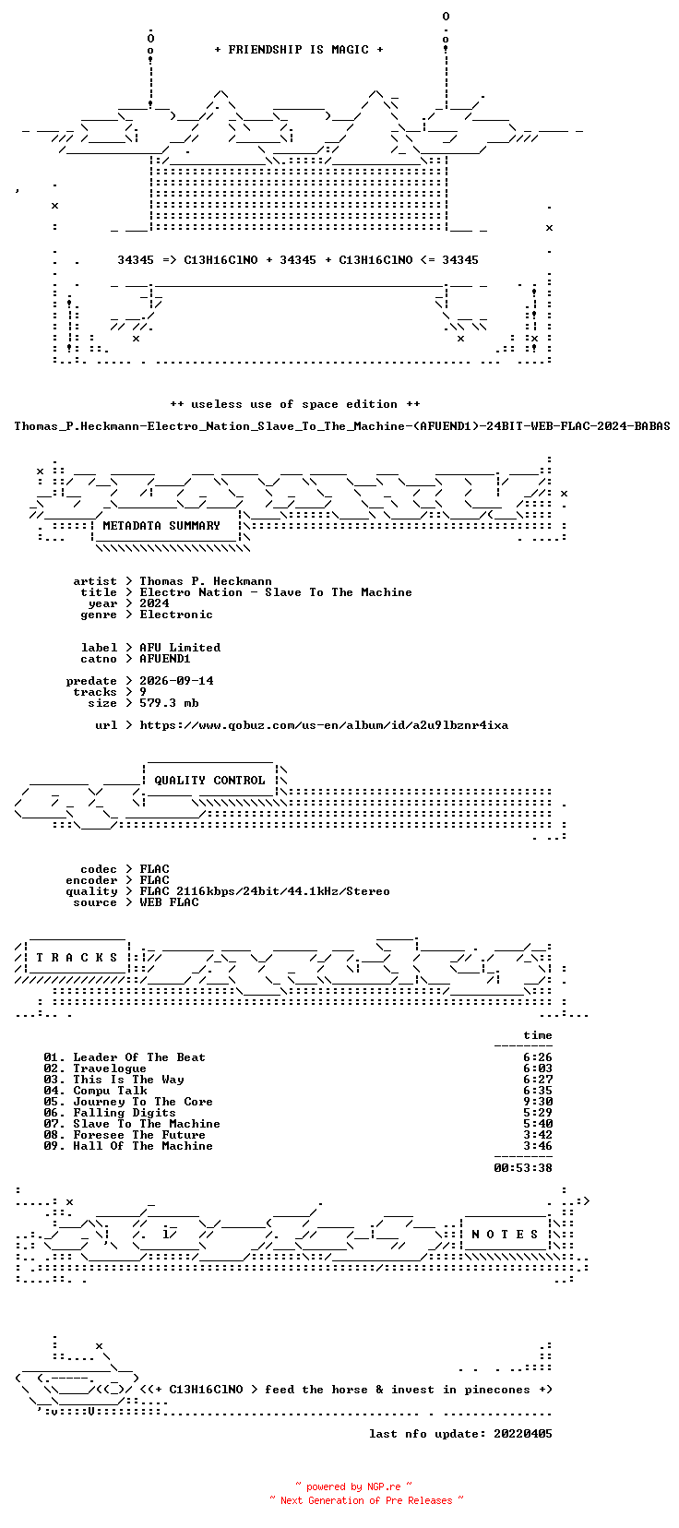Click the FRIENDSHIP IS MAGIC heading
(299, 50)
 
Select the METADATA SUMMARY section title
(161, 526)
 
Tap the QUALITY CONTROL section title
(209, 781)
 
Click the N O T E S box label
(505, 1235)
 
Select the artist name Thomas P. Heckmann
(206, 581)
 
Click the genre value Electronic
(176, 615)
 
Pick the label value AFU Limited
(180, 648)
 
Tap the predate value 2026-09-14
(176, 681)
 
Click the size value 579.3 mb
(169, 703)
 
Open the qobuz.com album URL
(324, 725)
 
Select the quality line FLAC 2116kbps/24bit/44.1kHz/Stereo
(265, 891)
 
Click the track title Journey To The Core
(143, 1102)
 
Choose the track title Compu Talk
(110, 1091)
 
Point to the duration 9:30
(538, 1102)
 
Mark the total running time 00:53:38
(523, 1168)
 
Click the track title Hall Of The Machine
(143, 1146)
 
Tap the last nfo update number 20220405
(523, 1434)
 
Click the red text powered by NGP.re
(353, 1487)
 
